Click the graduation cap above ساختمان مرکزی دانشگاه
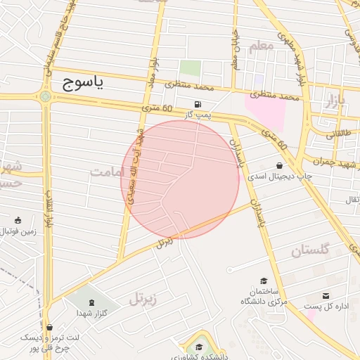pyautogui.click(x=263, y=281)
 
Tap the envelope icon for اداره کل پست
pyautogui.click(x=326, y=295)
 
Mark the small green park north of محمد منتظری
pyautogui.click(x=189, y=68)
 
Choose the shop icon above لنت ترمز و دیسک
pyautogui.click(x=49, y=327)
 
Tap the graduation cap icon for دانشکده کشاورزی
pyautogui.click(x=199, y=347)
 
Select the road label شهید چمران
pyautogui.click(x=330, y=161)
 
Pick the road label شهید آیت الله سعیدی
pyautogui.click(x=134, y=165)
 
